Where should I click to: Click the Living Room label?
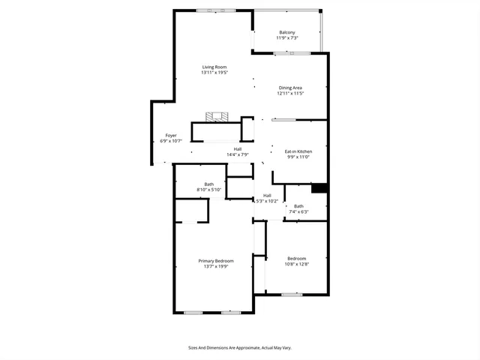[214, 67]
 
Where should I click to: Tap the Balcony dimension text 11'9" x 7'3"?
[287, 37]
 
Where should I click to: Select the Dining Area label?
[290, 88]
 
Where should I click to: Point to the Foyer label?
[171, 136]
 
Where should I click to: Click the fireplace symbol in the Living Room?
[217, 116]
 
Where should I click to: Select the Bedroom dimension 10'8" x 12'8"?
[296, 264]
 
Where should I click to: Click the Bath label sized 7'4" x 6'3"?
[298, 206]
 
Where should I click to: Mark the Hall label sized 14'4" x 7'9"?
[237, 149]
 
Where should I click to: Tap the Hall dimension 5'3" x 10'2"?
[267, 201]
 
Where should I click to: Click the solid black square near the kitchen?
[319, 187]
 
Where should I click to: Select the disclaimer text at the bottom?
[239, 348]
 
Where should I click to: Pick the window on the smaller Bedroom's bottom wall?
[292, 294]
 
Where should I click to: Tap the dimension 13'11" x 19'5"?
[214, 73]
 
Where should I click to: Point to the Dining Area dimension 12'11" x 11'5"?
[290, 94]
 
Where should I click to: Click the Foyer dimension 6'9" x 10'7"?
[171, 141]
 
